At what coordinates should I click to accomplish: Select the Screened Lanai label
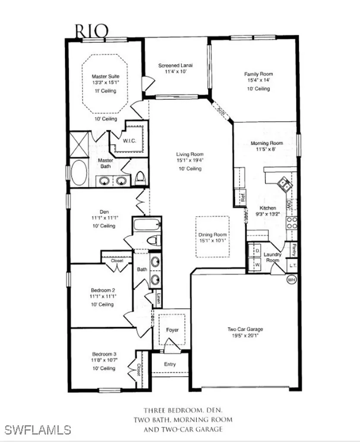175,66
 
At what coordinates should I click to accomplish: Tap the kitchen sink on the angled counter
285,184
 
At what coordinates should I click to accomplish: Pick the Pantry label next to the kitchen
293,249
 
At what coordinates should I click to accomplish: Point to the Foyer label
172,330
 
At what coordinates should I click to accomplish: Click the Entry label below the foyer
170,364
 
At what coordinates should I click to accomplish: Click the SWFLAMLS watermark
38,429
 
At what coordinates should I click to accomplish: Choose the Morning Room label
267,143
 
